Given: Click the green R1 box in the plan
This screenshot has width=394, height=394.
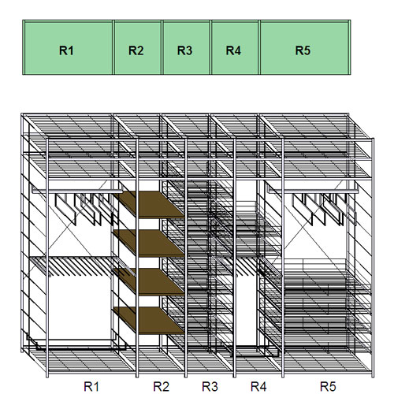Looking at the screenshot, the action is [x=68, y=47].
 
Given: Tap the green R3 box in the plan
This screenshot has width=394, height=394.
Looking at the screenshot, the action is [x=186, y=47].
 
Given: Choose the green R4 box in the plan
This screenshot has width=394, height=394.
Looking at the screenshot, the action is [x=235, y=47].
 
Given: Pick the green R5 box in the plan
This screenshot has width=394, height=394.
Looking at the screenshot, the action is [x=305, y=47].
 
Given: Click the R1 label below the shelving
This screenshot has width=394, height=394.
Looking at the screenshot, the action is [x=91, y=386].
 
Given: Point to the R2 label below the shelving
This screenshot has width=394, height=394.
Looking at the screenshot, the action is [x=161, y=386].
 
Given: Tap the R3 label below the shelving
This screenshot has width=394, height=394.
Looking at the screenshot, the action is [x=210, y=386].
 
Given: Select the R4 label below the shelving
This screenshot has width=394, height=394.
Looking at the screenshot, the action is [x=258, y=386].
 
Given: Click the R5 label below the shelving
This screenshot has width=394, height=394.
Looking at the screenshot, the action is [x=328, y=386].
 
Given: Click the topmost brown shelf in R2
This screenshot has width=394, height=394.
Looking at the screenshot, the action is [x=150, y=204].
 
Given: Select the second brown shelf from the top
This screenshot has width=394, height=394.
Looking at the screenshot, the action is [x=150, y=243].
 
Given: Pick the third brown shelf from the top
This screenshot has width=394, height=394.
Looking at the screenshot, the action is [x=150, y=281].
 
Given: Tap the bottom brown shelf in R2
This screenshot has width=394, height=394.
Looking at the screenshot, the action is [x=150, y=320].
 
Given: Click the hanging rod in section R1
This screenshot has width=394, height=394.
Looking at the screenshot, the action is [x=77, y=191].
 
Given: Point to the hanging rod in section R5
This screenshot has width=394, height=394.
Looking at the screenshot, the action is [x=313, y=191].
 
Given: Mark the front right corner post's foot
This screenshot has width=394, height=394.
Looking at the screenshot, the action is [x=373, y=376].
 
